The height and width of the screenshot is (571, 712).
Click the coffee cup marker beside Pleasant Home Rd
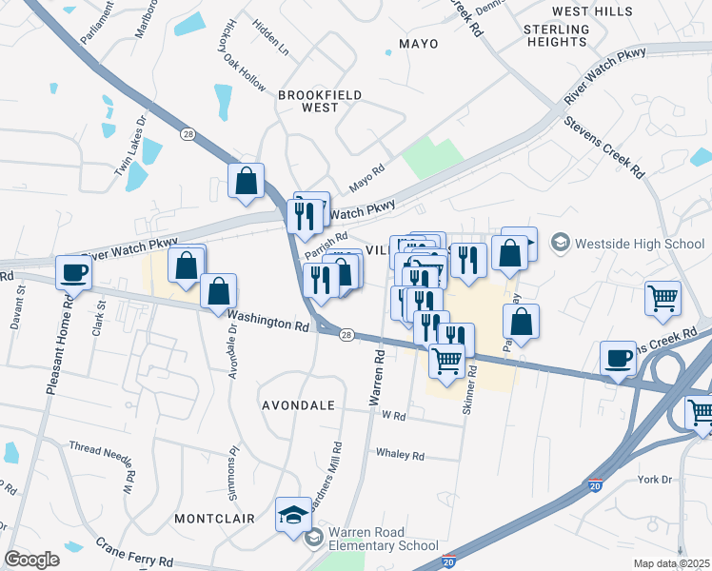pos(73,273)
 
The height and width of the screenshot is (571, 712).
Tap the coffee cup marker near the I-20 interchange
pos(619,359)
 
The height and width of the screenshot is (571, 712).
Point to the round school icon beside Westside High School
pos(559,244)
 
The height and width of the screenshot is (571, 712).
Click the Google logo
pos(31,560)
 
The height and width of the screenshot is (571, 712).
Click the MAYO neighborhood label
pos(419,44)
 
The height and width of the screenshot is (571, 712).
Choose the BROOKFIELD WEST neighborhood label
pos(307,101)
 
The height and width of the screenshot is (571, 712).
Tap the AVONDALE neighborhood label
pos(299,405)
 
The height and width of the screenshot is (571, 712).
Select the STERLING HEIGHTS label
pos(556,36)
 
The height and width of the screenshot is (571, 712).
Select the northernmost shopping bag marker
pos(247,180)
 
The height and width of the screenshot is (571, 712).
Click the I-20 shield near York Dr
pos(595,485)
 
